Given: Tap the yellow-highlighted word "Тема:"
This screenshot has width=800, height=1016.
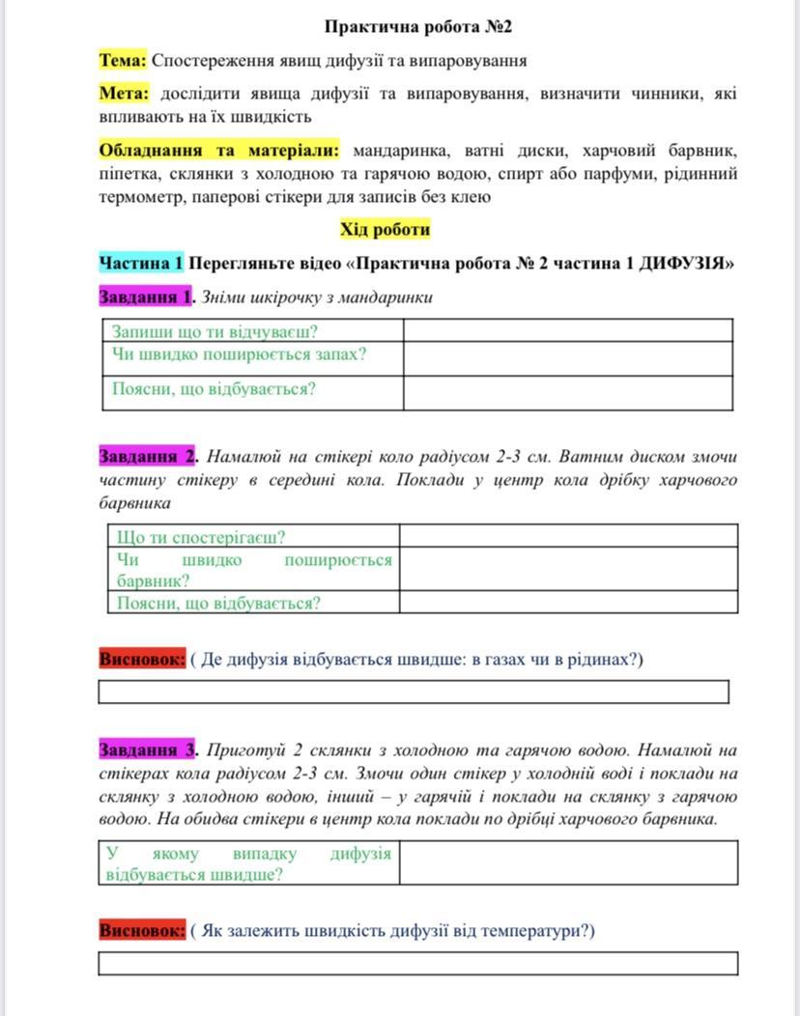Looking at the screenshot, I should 123,61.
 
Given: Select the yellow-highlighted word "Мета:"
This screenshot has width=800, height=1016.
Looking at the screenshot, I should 124,94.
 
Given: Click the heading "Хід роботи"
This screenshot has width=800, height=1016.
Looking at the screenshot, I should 385,230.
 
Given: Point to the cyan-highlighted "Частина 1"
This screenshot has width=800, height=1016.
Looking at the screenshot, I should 141,263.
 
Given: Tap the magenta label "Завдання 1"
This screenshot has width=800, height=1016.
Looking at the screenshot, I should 145,296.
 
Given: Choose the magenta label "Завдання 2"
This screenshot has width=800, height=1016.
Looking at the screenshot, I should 147,456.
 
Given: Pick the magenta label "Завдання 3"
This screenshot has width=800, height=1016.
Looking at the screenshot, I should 147,749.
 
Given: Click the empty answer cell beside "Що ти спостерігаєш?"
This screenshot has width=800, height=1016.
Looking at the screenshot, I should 568,536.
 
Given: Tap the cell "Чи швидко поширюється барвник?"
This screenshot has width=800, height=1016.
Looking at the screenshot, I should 253,570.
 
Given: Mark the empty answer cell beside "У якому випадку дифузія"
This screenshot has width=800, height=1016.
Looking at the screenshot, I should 568,862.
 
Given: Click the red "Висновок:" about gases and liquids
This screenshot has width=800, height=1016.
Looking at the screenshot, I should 141,660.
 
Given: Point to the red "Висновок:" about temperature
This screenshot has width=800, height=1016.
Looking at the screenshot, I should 141,931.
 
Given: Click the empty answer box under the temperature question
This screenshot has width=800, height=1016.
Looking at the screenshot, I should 417,963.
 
